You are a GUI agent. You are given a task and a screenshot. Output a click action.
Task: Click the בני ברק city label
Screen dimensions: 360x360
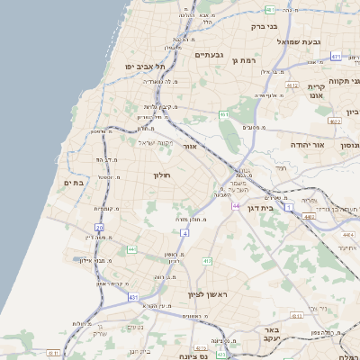(x=261, y=26)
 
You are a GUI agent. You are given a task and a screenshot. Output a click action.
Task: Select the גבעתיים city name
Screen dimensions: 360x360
(x=208, y=55)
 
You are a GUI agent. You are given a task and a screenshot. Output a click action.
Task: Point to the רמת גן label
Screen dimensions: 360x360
(x=246, y=60)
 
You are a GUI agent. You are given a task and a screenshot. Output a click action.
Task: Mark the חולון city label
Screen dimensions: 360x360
(x=163, y=175)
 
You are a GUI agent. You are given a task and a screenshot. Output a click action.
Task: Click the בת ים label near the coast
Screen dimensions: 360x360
(x=74, y=183)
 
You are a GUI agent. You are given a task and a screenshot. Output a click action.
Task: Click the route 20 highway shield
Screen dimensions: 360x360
(x=99, y=228)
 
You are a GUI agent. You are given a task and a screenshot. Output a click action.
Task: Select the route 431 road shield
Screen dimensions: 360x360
(x=133, y=297)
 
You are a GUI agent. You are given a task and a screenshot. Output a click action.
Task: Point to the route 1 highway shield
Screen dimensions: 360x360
(x=289, y=208)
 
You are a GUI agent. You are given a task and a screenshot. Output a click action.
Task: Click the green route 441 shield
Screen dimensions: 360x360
(x=131, y=249)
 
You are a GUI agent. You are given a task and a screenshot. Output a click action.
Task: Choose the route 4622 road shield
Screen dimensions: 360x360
(x=336, y=120)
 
